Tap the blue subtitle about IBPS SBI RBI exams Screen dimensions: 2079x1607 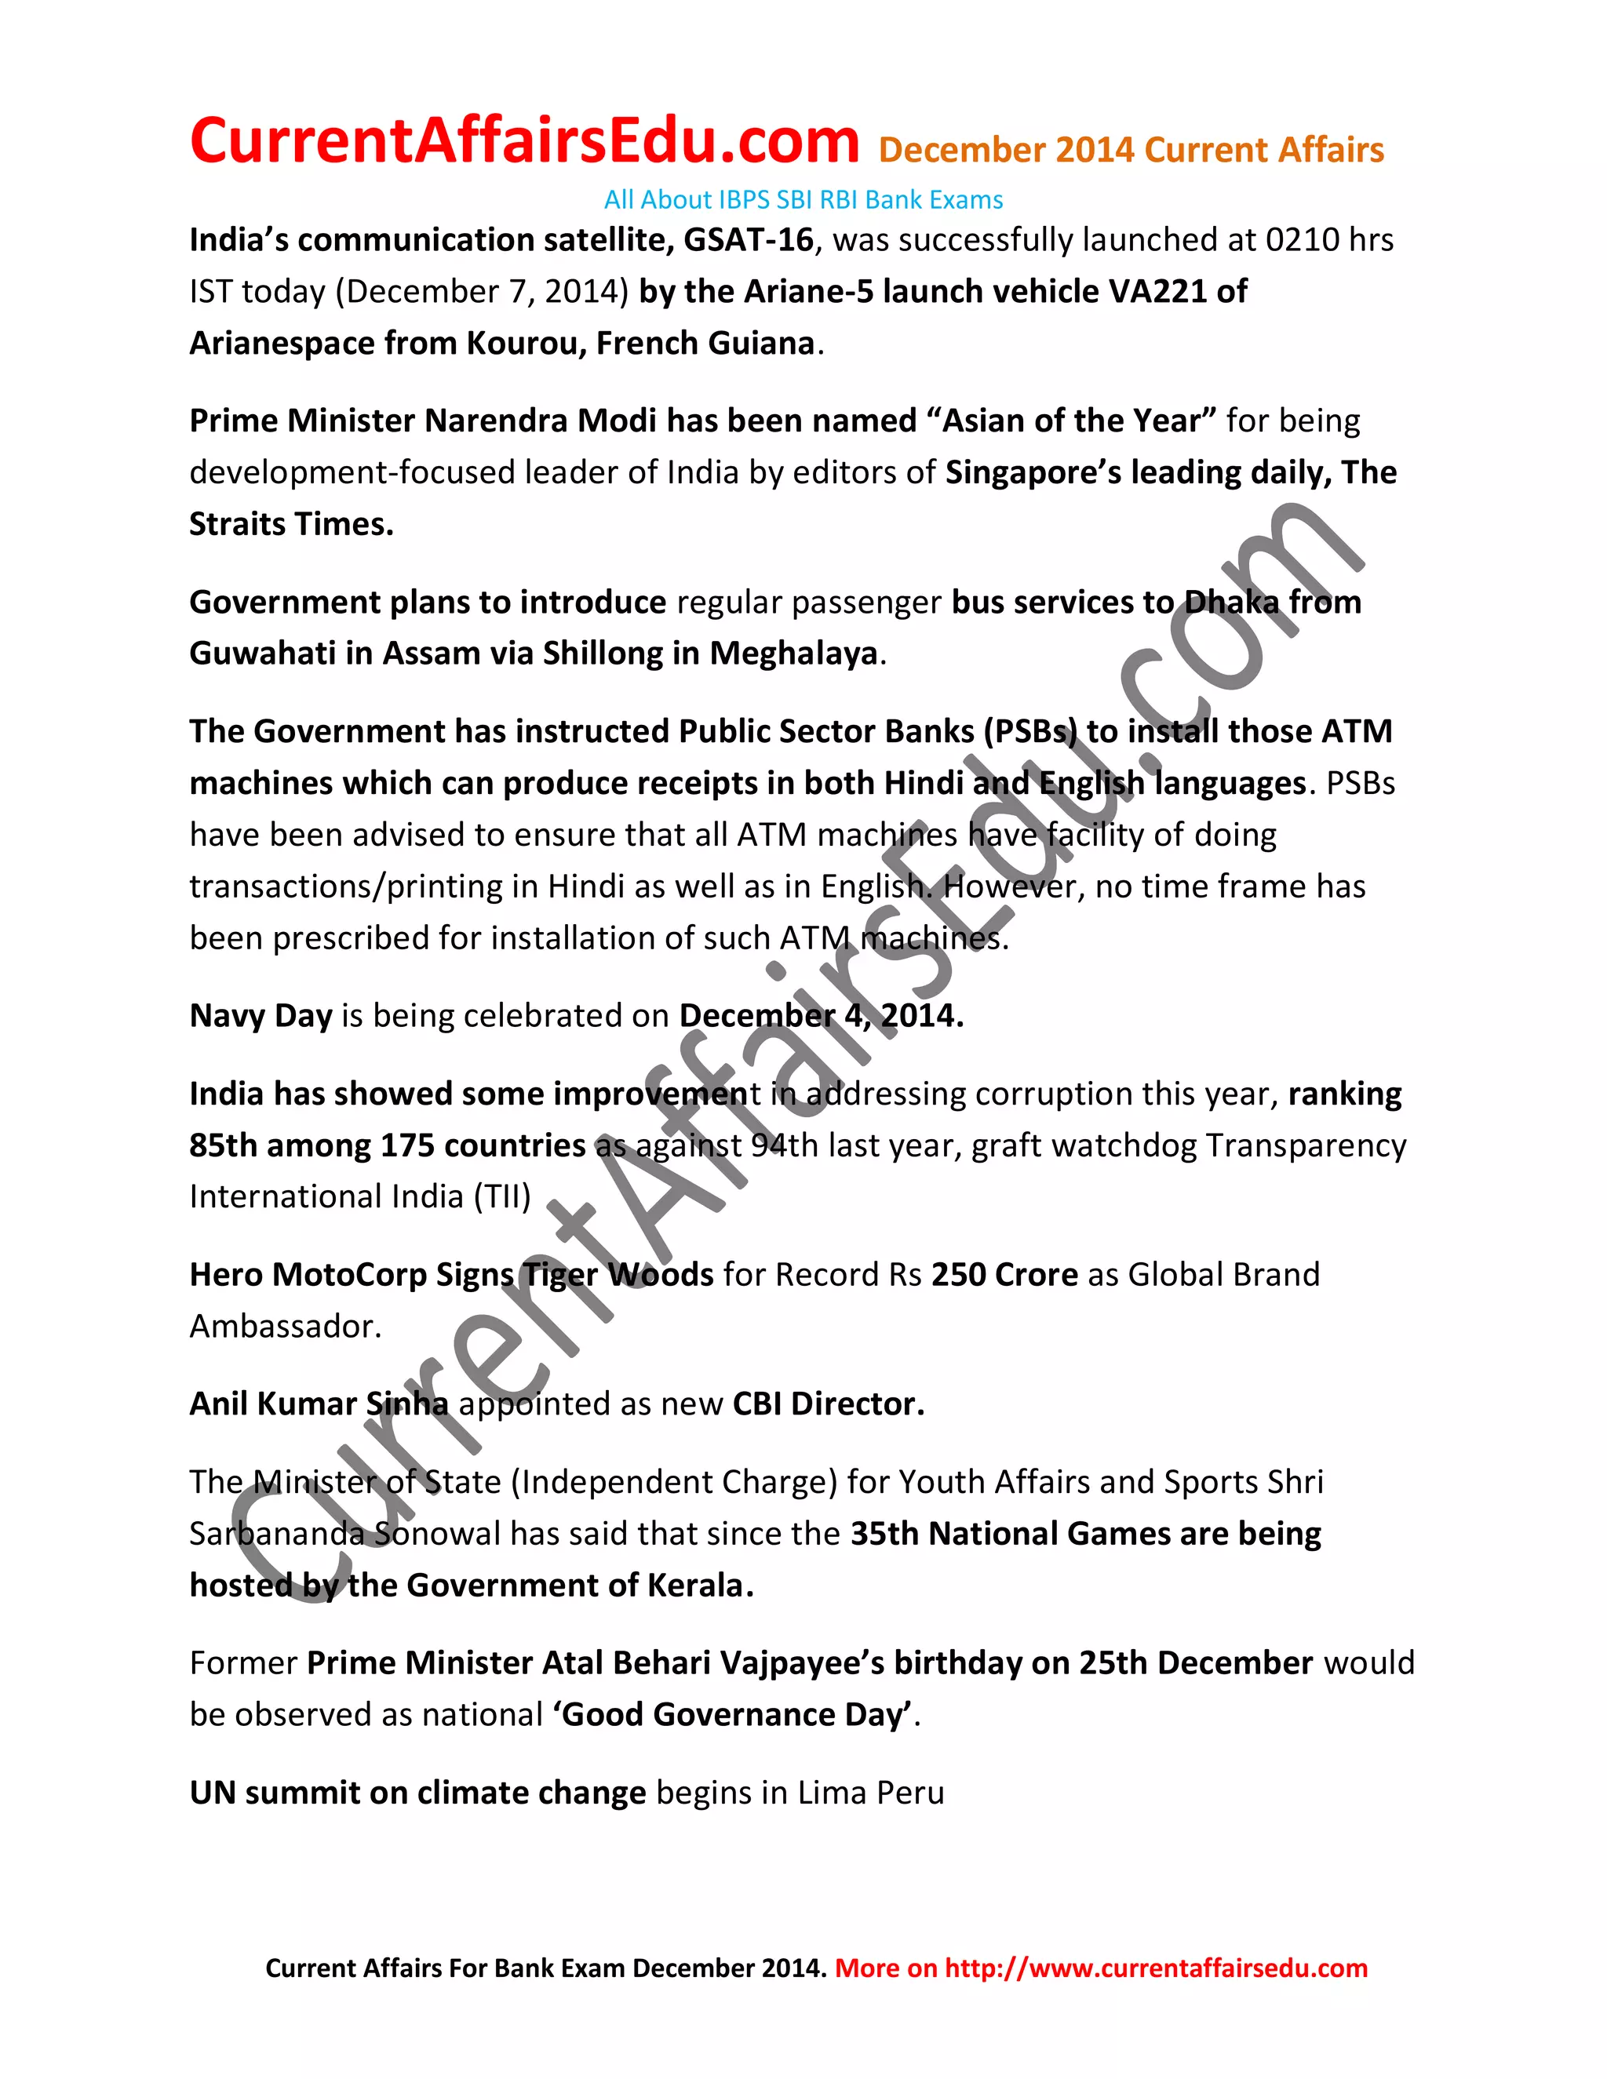(803, 200)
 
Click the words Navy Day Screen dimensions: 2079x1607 (260, 1017)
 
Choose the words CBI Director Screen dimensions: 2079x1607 (827, 1405)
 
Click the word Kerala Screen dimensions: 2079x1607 (699, 1586)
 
